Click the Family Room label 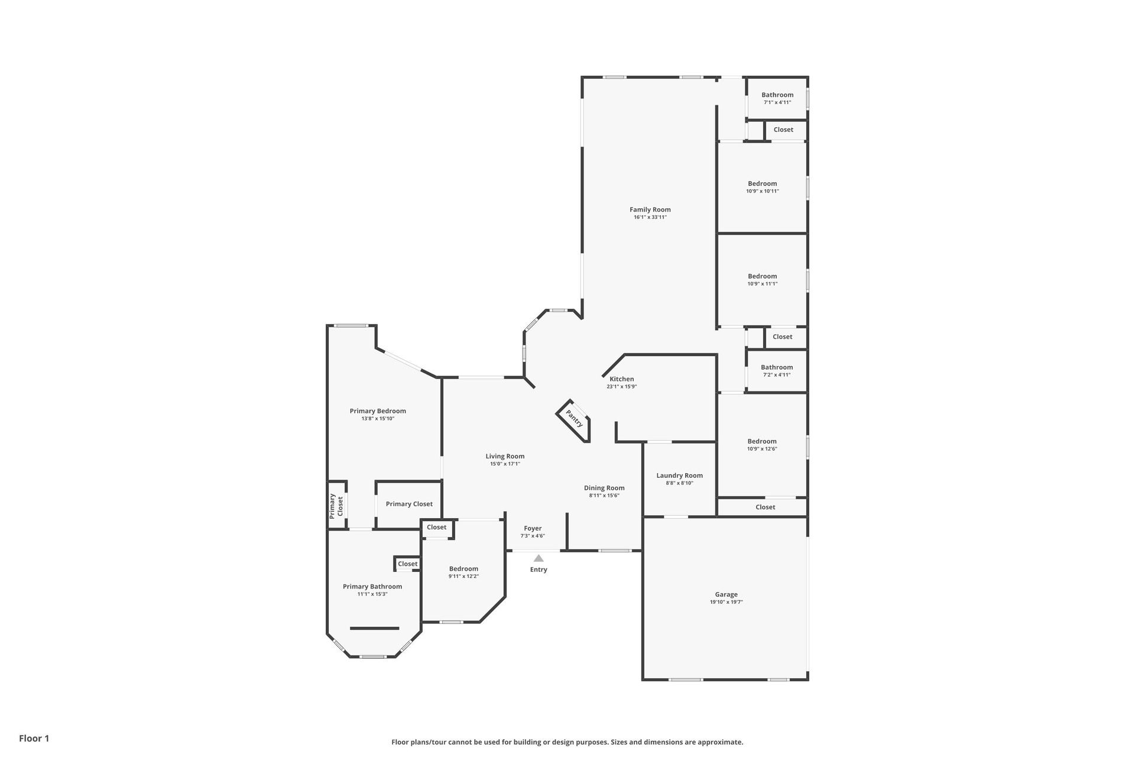[x=650, y=209]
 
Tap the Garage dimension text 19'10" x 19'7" [x=726, y=602]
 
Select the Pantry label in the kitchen [x=574, y=418]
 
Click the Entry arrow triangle [x=539, y=558]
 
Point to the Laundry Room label [x=679, y=475]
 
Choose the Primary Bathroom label [x=372, y=587]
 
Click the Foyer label [x=533, y=529]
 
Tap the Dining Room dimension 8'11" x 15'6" [x=604, y=496]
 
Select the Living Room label [x=505, y=456]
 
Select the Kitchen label [x=622, y=379]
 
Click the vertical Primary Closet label [x=336, y=506]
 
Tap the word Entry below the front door [x=539, y=570]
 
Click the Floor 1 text [x=34, y=738]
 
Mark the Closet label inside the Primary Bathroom [x=407, y=564]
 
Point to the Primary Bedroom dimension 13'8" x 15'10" [x=378, y=419]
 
